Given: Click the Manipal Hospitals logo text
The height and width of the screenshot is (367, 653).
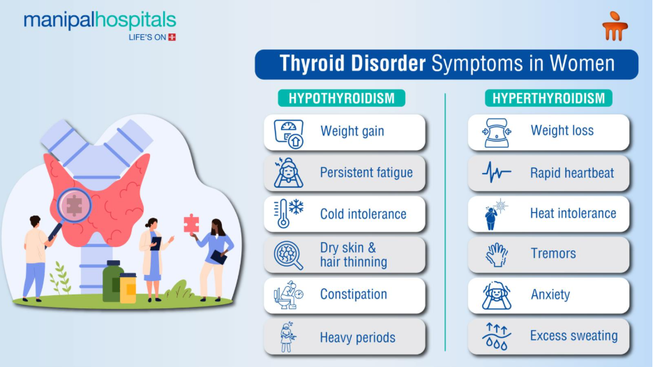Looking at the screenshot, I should [100, 20].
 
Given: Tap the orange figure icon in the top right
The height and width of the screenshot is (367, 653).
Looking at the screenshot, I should [615, 26].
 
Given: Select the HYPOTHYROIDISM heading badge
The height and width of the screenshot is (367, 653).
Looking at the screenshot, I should [342, 98].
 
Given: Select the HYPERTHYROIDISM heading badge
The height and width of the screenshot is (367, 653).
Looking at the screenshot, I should [548, 98].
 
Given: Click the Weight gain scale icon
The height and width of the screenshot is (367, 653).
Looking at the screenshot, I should [288, 133].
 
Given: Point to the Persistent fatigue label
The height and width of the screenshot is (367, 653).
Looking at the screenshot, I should [366, 173].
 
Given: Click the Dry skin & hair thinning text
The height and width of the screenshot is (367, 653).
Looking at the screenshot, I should [354, 255].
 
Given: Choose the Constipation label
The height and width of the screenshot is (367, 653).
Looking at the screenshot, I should [353, 294].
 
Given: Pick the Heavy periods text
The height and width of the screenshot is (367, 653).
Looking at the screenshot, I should [357, 338].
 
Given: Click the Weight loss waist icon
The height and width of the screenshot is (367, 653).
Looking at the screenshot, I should [497, 133].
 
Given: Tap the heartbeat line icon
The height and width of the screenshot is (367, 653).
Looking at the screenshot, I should [497, 172].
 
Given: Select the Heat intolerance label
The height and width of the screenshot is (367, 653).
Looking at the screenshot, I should [573, 214].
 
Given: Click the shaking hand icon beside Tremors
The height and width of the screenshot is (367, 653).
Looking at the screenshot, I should [497, 255].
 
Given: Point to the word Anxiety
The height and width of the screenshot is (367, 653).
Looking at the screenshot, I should [550, 294].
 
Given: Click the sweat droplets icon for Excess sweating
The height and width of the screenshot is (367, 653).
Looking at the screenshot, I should [497, 337].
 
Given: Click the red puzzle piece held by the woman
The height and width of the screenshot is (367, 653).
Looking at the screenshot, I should [191, 224].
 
